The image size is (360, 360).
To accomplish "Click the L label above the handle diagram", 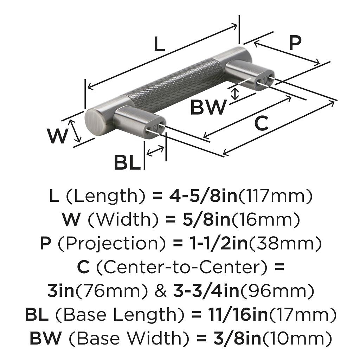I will point(159,45).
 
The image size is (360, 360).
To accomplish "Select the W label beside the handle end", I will point(57,136).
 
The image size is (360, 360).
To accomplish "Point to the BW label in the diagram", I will point(208,108).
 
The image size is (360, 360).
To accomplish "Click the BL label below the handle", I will point(127,163).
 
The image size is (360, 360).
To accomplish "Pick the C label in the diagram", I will point(261,123).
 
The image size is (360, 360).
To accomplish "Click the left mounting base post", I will point(135,121).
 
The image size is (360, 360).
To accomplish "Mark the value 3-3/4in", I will point(206,291).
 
